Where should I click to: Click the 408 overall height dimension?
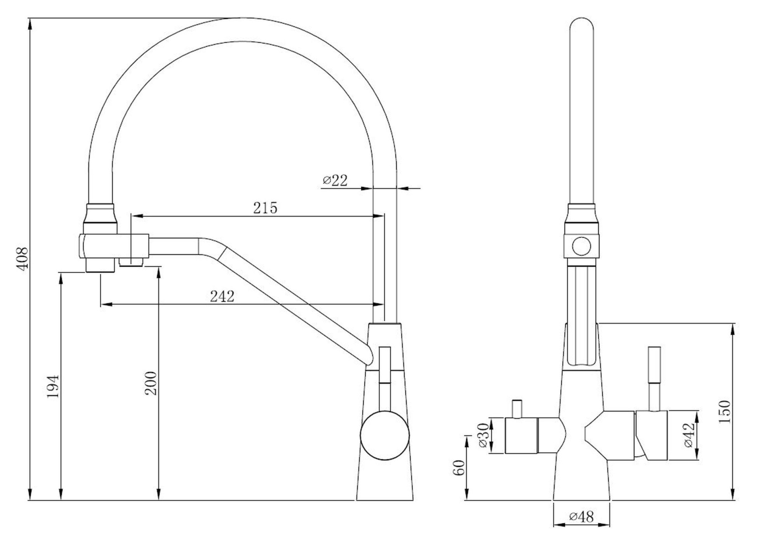pyautogui.click(x=22, y=258)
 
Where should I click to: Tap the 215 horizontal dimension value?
pyautogui.click(x=265, y=208)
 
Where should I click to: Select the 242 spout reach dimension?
pyautogui.click(x=222, y=296)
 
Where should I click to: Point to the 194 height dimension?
pyautogui.click(x=53, y=386)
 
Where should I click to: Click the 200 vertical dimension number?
pyautogui.click(x=151, y=383)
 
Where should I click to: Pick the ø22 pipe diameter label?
pyautogui.click(x=335, y=180)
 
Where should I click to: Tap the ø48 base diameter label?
pyautogui.click(x=582, y=516)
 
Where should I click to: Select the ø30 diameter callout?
pyautogui.click(x=483, y=435)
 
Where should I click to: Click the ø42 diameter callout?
pyautogui.click(x=689, y=435)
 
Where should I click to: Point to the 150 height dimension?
pyautogui.click(x=724, y=412)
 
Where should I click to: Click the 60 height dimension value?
pyautogui.click(x=458, y=468)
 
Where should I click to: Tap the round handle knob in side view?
pyautogui.click(x=385, y=435)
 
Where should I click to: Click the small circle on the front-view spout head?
pyautogui.click(x=581, y=246)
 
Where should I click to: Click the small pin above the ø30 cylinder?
pyautogui.click(x=517, y=409)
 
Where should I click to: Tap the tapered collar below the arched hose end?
pyautogui.click(x=100, y=213)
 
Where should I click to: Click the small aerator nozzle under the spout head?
pyautogui.click(x=131, y=262)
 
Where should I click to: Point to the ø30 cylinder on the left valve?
pyautogui.click(x=521, y=436)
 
